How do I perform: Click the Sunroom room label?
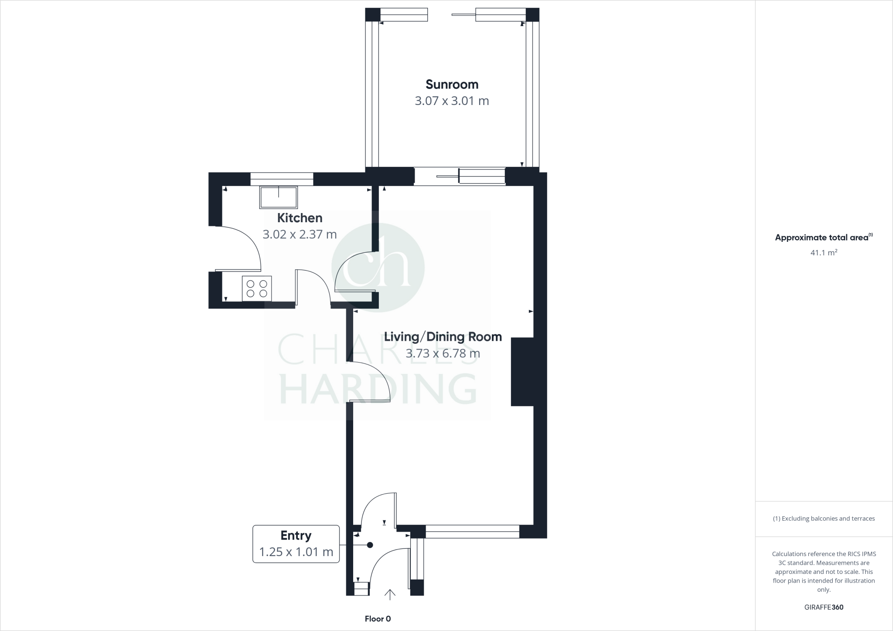pos(452,84)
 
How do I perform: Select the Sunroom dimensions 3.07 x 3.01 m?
pos(452,101)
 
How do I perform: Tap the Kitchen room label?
pos(300,218)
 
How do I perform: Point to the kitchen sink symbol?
pos(279,197)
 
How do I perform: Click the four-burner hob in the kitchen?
pos(257,288)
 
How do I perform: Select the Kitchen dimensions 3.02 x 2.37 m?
pos(300,234)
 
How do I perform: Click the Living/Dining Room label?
pos(443,337)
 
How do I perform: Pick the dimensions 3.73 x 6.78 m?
pos(443,353)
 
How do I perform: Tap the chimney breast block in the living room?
pos(522,372)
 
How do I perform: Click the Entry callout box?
pos(296,544)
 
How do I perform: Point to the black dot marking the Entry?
pos(370,545)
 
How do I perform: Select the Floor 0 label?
pos(378,619)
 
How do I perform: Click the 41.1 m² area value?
pos(823,252)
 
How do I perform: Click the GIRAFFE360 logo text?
pos(823,607)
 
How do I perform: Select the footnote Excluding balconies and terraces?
pos(824,519)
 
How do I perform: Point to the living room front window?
pos(472,532)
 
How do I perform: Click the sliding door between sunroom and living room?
pos(460,176)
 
